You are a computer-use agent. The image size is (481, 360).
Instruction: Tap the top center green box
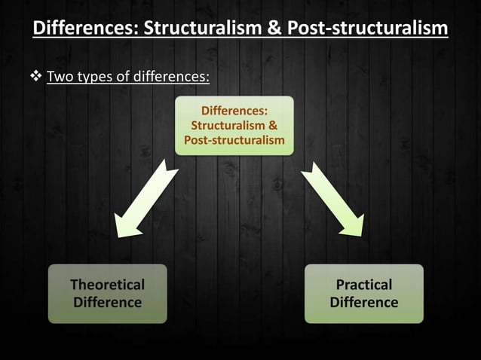coord(234,126)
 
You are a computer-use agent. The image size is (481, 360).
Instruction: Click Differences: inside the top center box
coord(234,111)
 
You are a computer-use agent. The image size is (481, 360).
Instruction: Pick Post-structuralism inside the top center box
coord(234,140)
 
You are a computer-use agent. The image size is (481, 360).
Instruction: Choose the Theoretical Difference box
coord(107,294)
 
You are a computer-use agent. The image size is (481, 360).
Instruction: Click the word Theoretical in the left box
coord(107,285)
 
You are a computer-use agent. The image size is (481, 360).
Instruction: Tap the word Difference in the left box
coord(107,303)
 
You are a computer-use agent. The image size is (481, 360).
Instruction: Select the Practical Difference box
coord(363,294)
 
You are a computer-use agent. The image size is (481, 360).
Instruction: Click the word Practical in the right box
coord(363,285)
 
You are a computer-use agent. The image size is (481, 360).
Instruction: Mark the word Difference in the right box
coord(363,303)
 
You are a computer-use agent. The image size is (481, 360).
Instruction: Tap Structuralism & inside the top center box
coord(234,126)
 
